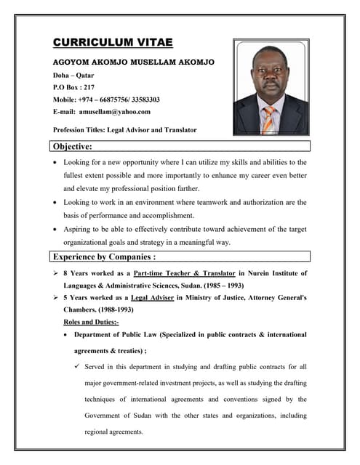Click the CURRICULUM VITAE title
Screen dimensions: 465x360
pos(113,43)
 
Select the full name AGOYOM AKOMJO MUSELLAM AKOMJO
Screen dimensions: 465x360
pos(133,62)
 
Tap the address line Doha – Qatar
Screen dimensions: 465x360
pos(73,75)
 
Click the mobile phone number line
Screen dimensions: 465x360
pos(106,100)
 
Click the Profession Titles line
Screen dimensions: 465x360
pos(124,130)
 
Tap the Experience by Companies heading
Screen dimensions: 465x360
pos(105,256)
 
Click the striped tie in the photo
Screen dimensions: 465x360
pos(268,119)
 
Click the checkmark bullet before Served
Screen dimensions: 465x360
pos(76,367)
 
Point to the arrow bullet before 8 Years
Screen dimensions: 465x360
pos(56,273)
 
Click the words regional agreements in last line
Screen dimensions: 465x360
pos(114,431)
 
